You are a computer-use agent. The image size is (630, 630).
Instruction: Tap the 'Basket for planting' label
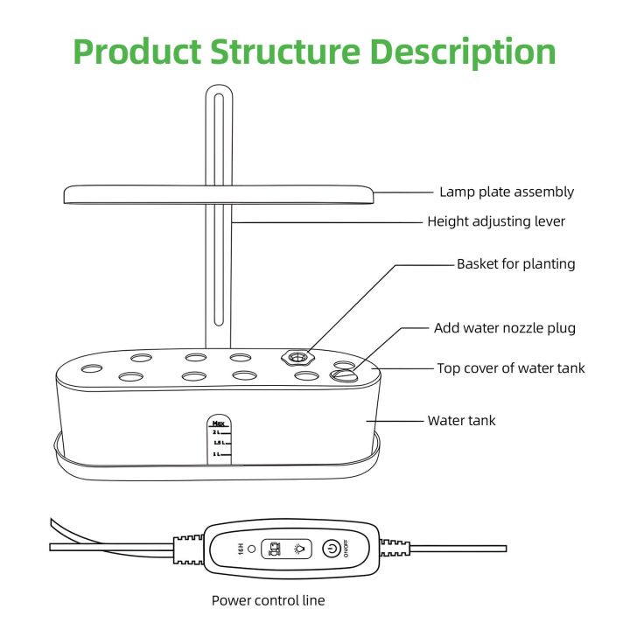coord(515,263)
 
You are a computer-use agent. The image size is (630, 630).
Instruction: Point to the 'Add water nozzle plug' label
coord(506,328)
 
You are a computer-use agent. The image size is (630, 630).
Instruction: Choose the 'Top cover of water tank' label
coord(511,368)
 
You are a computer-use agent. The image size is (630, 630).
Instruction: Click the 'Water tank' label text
coord(461,421)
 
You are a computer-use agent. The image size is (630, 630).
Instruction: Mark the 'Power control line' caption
coord(268,600)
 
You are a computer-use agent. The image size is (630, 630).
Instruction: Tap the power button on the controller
coord(332,549)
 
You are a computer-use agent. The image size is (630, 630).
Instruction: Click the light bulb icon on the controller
coord(299,549)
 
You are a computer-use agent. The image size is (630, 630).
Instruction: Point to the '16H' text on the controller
coord(240,549)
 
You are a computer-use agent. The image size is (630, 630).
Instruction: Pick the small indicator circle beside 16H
coord(252,549)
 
